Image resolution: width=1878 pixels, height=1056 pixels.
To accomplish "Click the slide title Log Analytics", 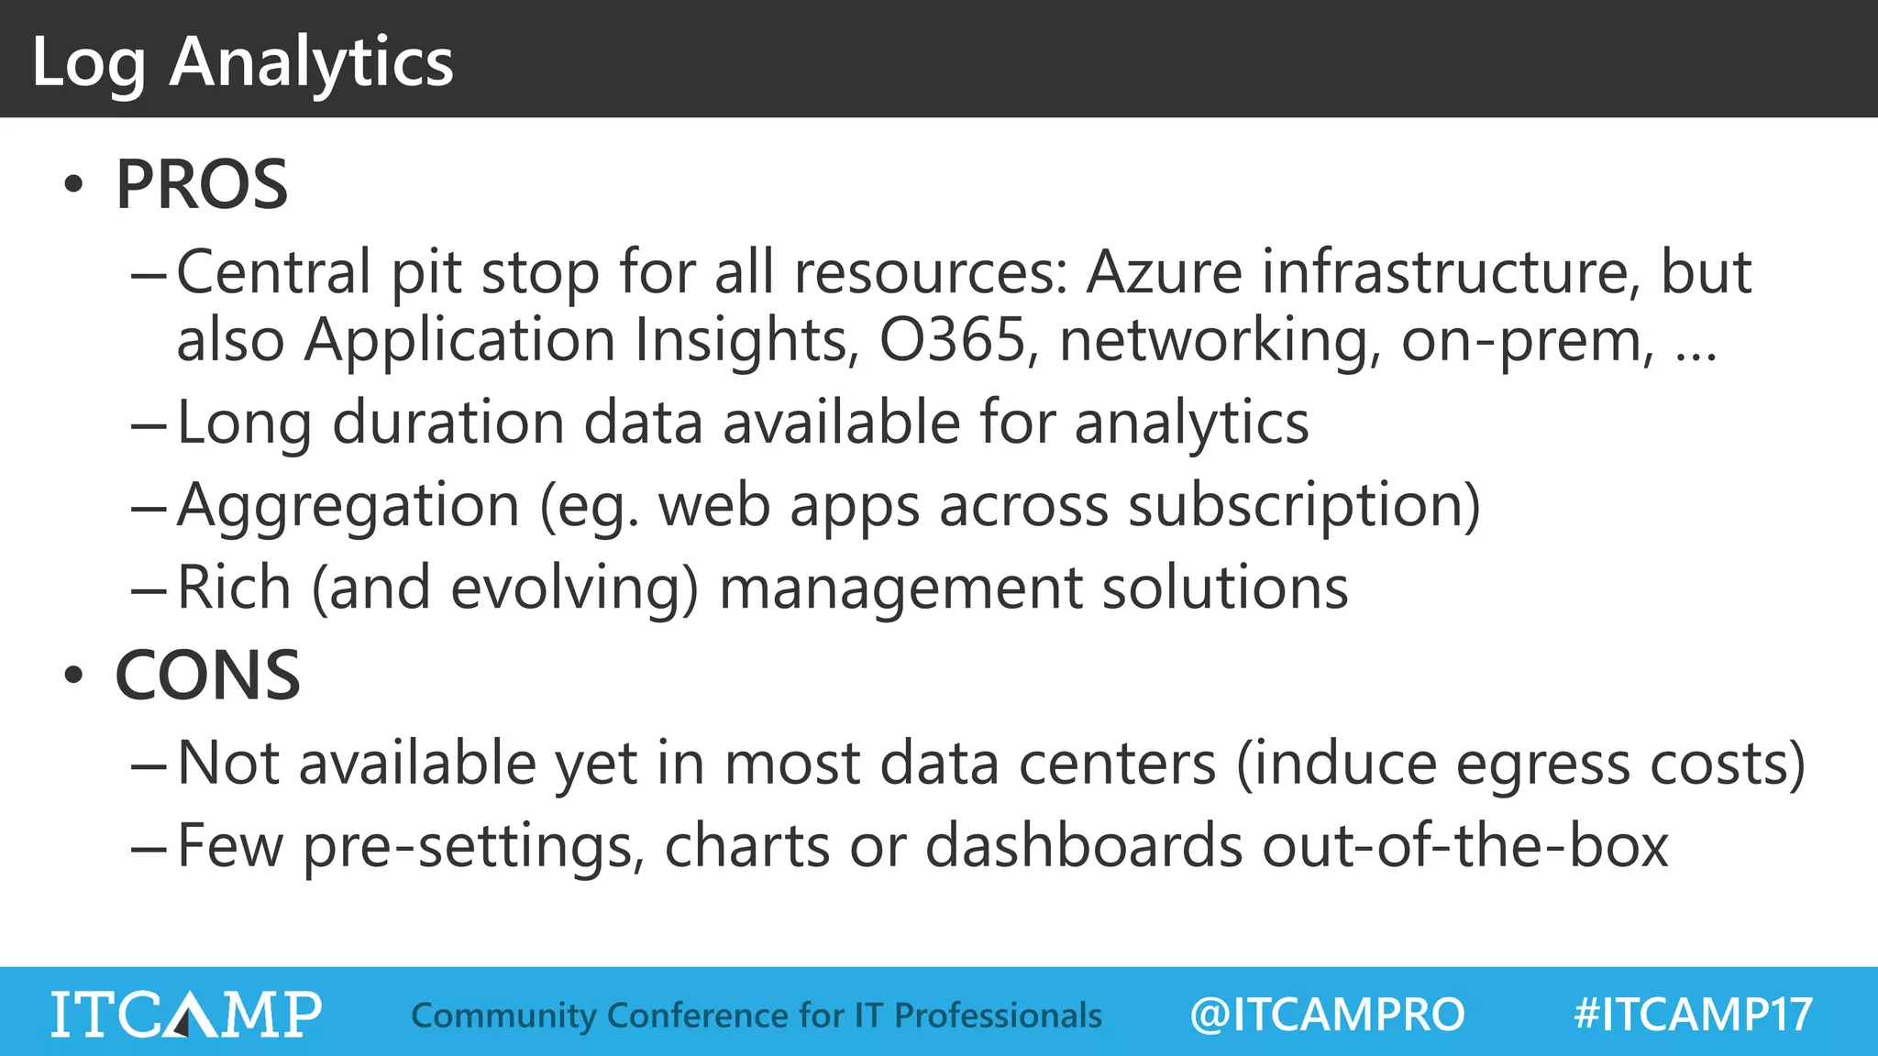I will [242, 62].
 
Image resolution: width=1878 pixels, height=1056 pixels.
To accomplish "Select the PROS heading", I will [202, 185].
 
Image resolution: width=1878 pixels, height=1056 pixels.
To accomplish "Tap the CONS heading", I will [208, 676].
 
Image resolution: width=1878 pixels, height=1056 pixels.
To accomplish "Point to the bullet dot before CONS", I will [73, 676].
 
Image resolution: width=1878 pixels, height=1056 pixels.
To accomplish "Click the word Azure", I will [1164, 272].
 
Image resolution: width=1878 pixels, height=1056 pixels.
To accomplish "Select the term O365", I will [952, 340].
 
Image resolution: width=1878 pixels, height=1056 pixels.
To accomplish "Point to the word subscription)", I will [1304, 506].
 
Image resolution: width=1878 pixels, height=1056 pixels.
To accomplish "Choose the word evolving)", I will [575, 588].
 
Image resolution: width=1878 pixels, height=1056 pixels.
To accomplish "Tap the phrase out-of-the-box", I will [1464, 845].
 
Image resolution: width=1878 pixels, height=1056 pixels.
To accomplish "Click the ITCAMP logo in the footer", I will [186, 1014].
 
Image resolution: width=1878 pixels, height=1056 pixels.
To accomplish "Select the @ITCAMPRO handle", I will [1327, 1015].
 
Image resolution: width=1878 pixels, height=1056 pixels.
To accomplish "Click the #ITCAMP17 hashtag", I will [1693, 1015].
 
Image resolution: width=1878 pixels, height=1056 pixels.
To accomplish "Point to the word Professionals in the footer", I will [998, 1016].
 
